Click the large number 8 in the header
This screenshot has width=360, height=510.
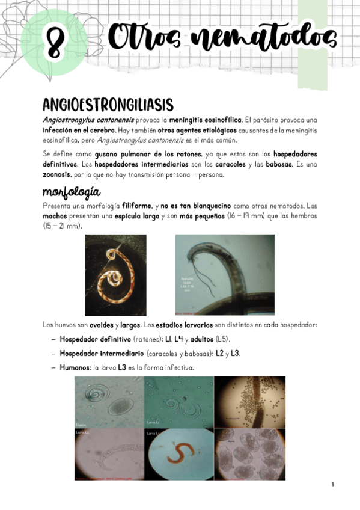click(55, 43)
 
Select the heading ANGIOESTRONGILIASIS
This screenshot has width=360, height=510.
click(108, 105)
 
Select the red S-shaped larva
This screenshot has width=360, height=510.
click(178, 456)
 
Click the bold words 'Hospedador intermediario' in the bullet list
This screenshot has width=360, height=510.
click(102, 353)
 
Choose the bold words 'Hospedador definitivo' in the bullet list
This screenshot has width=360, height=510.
click(95, 339)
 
